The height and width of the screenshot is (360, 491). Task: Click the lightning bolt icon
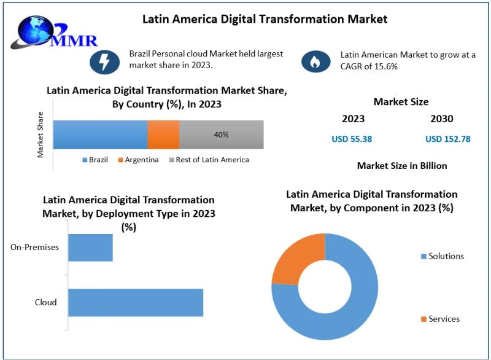tap(104, 61)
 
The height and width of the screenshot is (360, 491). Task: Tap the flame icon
tap(315, 61)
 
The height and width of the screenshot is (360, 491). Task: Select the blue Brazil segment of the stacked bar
tap(100, 135)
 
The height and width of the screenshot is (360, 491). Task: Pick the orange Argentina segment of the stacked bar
tap(163, 135)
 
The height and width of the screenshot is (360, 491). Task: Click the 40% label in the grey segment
tap(221, 135)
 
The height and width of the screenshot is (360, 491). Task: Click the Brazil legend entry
tap(95, 160)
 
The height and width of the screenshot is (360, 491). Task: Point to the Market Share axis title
tap(41, 135)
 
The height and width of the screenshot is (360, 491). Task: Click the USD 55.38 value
tap(352, 139)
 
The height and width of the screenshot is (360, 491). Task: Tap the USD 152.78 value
tap(447, 139)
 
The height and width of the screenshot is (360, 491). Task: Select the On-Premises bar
tap(90, 248)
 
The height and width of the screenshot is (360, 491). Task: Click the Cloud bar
tap(135, 302)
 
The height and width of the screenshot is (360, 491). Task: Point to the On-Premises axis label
tap(34, 248)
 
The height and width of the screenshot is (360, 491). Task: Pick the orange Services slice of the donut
tap(297, 257)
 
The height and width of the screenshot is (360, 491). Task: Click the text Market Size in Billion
tap(402, 166)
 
